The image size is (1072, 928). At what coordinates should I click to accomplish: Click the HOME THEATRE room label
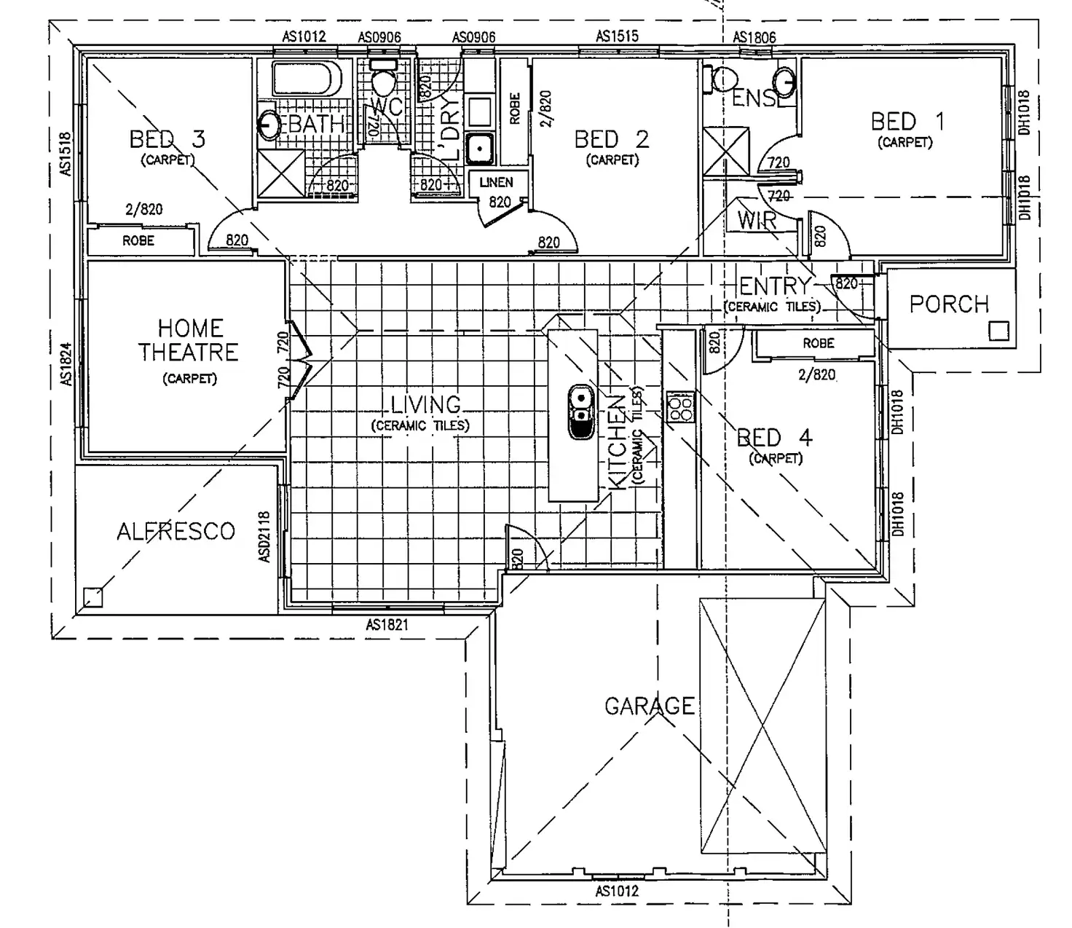(188, 340)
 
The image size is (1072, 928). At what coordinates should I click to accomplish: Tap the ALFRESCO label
(176, 531)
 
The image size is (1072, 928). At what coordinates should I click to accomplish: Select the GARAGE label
(649, 706)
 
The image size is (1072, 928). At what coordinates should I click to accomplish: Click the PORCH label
(949, 304)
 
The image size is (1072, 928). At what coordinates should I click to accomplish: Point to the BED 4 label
(774, 438)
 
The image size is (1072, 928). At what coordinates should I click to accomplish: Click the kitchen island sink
(580, 412)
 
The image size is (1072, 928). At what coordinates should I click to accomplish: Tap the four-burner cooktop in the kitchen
(680, 406)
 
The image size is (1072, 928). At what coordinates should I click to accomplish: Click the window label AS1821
(387, 624)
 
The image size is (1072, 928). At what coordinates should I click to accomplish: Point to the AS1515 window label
(617, 36)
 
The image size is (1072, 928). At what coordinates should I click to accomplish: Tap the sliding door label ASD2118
(264, 536)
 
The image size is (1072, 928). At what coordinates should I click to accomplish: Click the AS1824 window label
(66, 364)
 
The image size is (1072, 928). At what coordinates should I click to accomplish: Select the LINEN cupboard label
(496, 182)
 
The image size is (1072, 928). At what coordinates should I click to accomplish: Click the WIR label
(757, 220)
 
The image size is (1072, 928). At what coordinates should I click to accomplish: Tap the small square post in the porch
(998, 331)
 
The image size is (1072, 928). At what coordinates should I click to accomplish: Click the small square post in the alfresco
(92, 597)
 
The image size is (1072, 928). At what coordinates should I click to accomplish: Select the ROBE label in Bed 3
(138, 240)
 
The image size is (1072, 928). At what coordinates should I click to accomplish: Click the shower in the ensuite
(726, 152)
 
